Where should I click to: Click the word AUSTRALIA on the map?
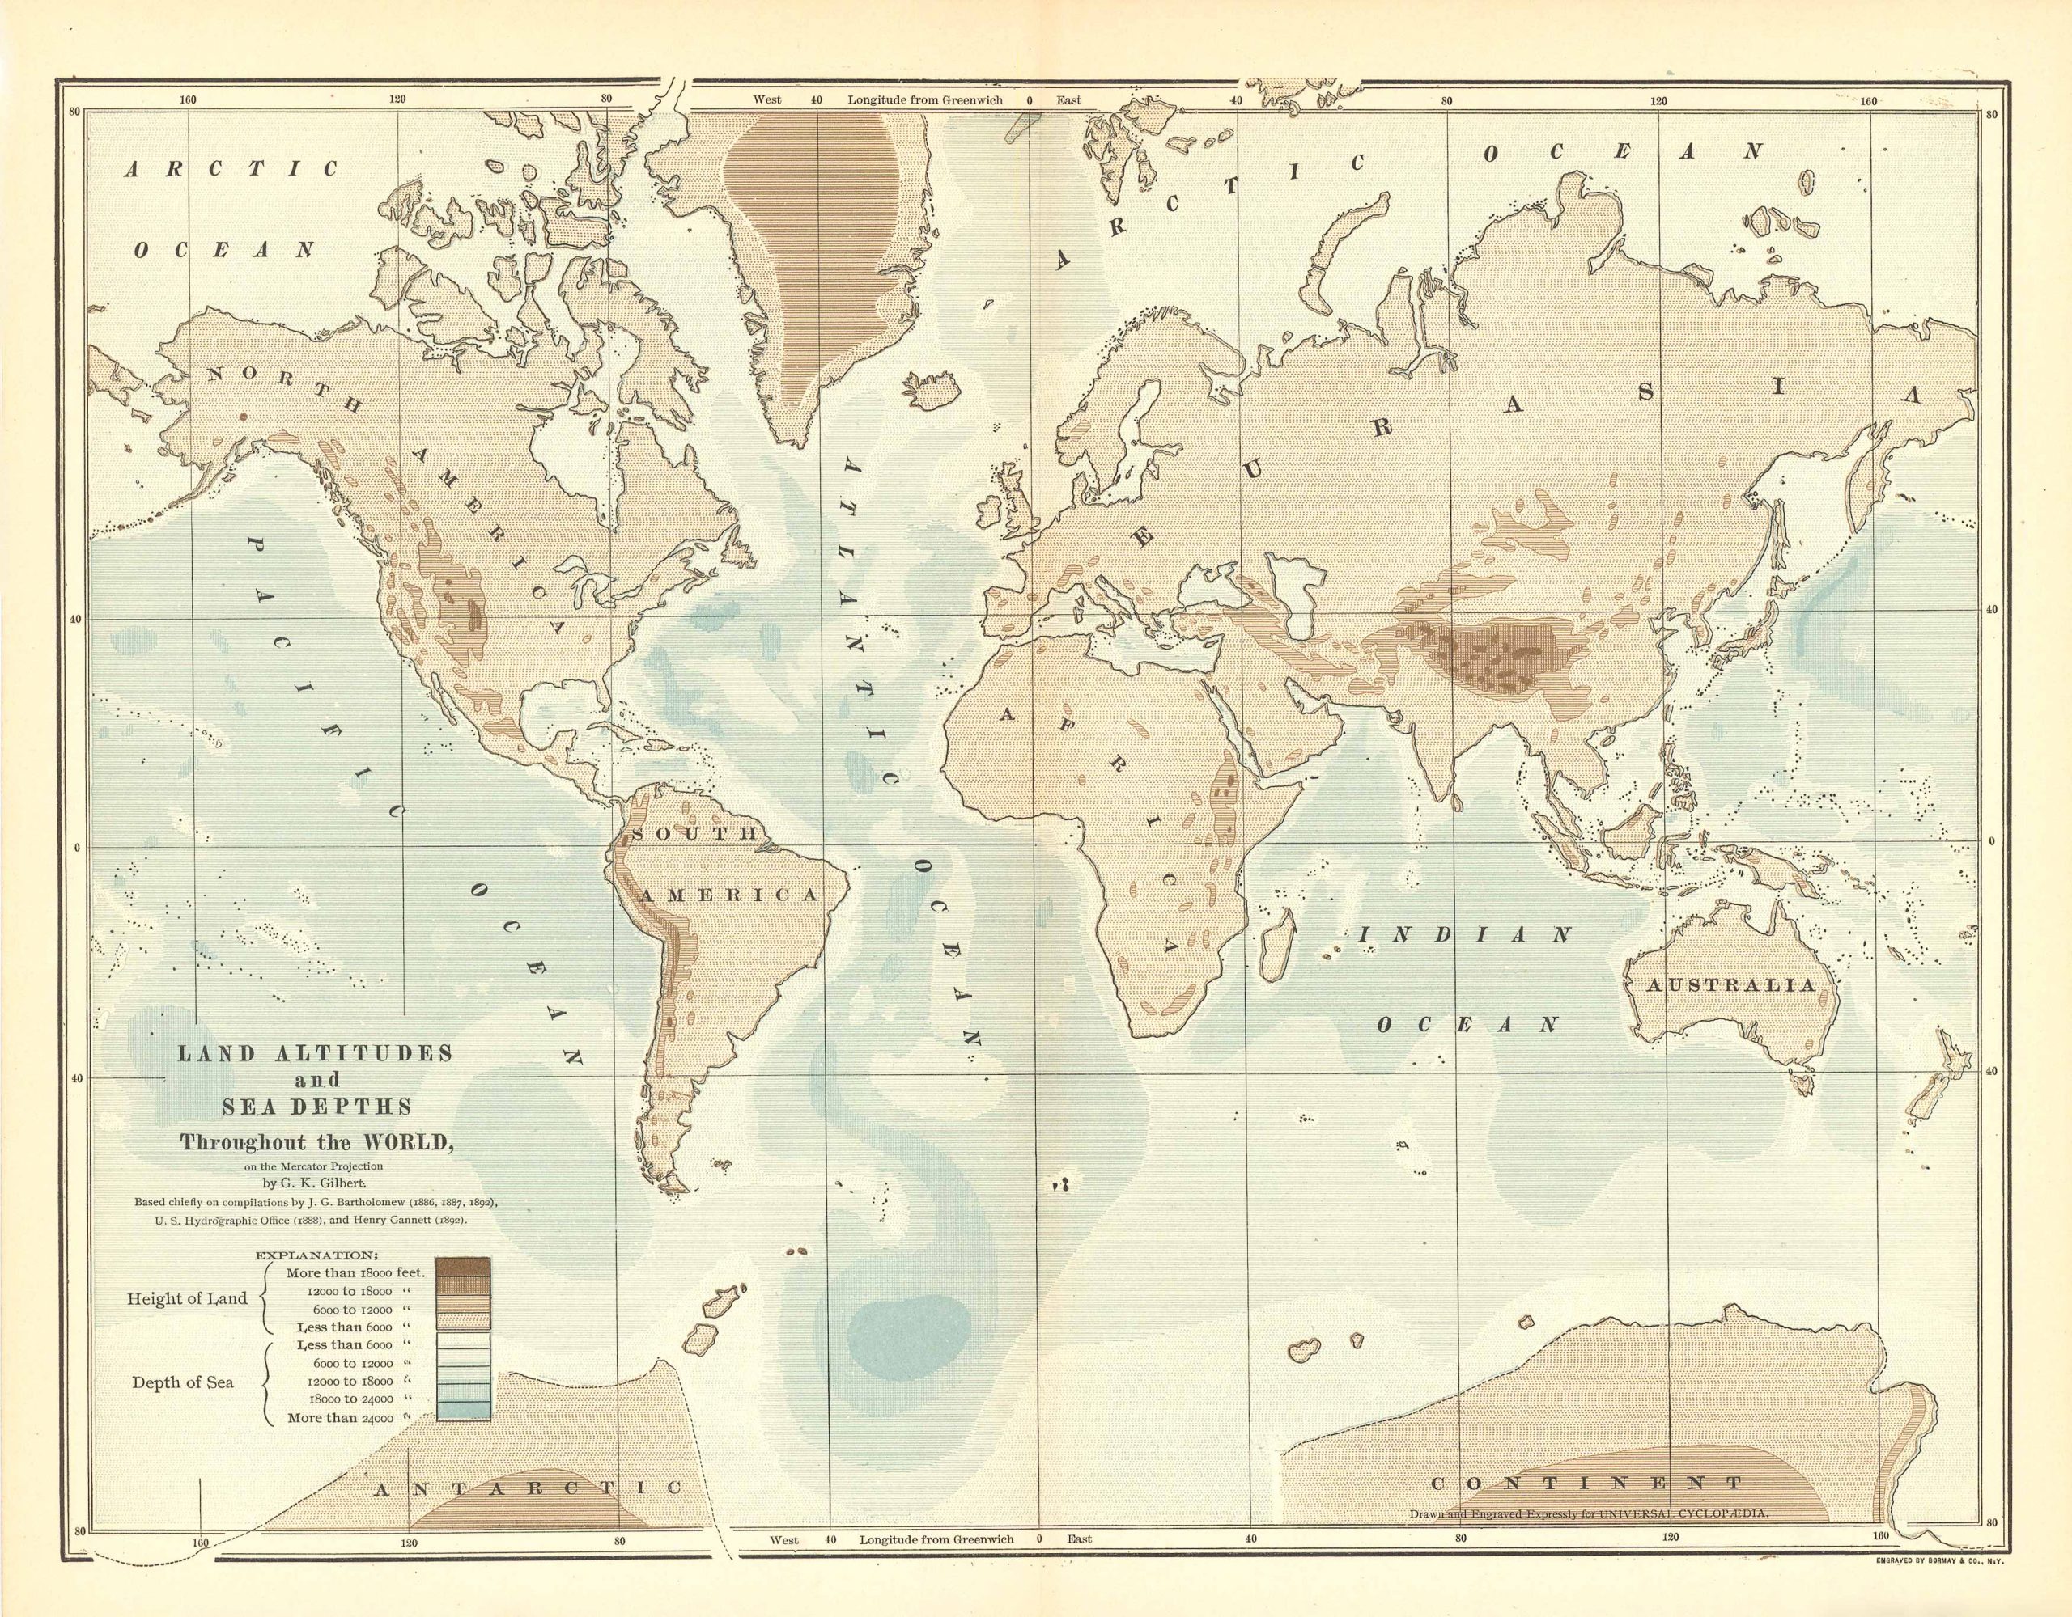coord(1730,985)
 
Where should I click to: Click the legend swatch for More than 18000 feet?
coord(463,1268)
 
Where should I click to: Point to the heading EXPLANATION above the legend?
coord(316,1254)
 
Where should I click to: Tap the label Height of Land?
coord(187,1298)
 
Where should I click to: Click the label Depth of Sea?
coord(182,1382)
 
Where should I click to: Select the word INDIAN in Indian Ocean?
coord(1465,934)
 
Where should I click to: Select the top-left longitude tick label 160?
coord(187,99)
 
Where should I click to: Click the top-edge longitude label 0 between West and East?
coord(1029,99)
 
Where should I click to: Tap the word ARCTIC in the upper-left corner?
coord(231,170)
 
